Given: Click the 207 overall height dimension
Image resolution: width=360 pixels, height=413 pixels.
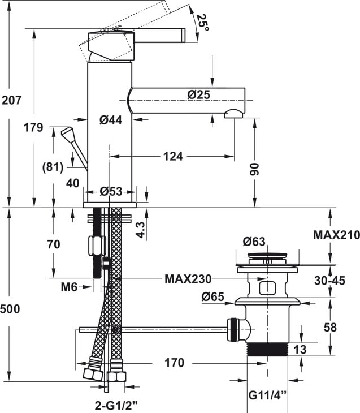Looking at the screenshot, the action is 11,100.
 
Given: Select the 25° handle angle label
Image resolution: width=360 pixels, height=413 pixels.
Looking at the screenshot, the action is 203,23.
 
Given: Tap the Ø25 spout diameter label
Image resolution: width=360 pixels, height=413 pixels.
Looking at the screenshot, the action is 199,94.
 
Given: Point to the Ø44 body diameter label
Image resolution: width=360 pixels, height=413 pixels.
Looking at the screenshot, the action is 111,120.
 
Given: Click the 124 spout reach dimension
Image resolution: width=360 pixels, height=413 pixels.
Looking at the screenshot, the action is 173,157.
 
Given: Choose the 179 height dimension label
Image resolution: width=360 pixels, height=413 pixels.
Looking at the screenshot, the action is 33,128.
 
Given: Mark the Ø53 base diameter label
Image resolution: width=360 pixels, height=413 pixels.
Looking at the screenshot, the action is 111,191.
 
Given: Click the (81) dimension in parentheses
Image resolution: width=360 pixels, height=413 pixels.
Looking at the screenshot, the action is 53,167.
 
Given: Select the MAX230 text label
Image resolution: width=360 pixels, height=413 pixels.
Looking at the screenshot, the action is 188,279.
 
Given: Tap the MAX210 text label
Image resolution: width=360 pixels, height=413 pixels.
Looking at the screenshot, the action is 337,235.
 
